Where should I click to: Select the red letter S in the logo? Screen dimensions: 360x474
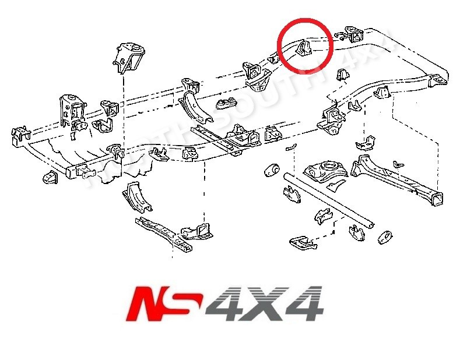pos(188,303)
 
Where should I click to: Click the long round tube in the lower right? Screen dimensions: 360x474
pos(329,198)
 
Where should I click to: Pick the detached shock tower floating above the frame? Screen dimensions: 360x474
pos(127,57)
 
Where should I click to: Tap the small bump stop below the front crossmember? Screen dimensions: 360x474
pos(48,177)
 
